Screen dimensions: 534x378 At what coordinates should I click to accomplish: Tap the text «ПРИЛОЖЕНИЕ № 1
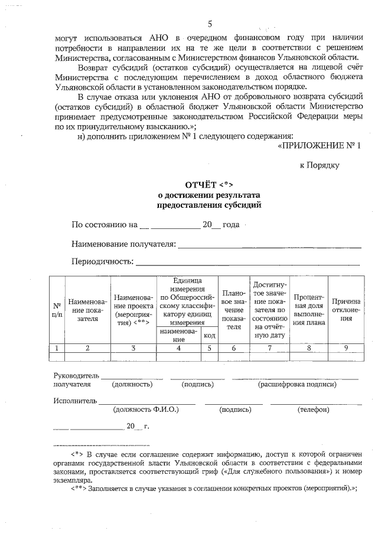pyautogui.click(x=318, y=146)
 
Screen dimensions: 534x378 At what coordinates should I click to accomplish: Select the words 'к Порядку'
pyautogui.click(x=320, y=165)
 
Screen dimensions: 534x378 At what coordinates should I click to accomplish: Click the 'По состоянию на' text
pyautogui.click(x=105, y=225)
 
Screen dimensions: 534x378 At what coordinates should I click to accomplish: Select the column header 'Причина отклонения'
pyautogui.click(x=346, y=309)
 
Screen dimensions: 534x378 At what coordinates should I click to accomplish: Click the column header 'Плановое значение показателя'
pyautogui.click(x=234, y=309)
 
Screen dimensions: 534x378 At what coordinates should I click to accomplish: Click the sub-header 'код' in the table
pyautogui.click(x=210, y=335)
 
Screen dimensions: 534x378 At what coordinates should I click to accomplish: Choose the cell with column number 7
pyautogui.click(x=269, y=348)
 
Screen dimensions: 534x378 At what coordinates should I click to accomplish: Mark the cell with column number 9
pyautogui.click(x=346, y=348)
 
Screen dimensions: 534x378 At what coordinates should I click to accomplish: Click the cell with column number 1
pyautogui.click(x=57, y=348)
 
